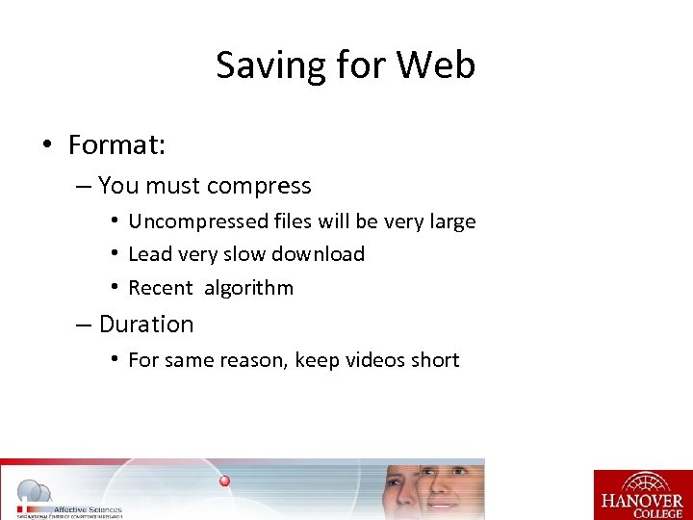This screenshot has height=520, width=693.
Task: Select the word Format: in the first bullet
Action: [x=117, y=145]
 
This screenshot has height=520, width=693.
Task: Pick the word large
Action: [x=449, y=221]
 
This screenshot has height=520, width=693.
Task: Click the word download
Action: [x=320, y=254]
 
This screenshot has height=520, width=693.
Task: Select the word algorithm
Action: [x=248, y=288]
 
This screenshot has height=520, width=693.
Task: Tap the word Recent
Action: [x=161, y=288]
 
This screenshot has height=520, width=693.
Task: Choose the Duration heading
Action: [x=146, y=325]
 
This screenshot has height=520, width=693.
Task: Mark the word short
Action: [x=436, y=360]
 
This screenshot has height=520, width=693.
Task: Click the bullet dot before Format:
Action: [x=46, y=146]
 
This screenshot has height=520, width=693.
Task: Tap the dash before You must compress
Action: [x=83, y=187]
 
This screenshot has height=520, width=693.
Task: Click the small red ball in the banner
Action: [x=224, y=481]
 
